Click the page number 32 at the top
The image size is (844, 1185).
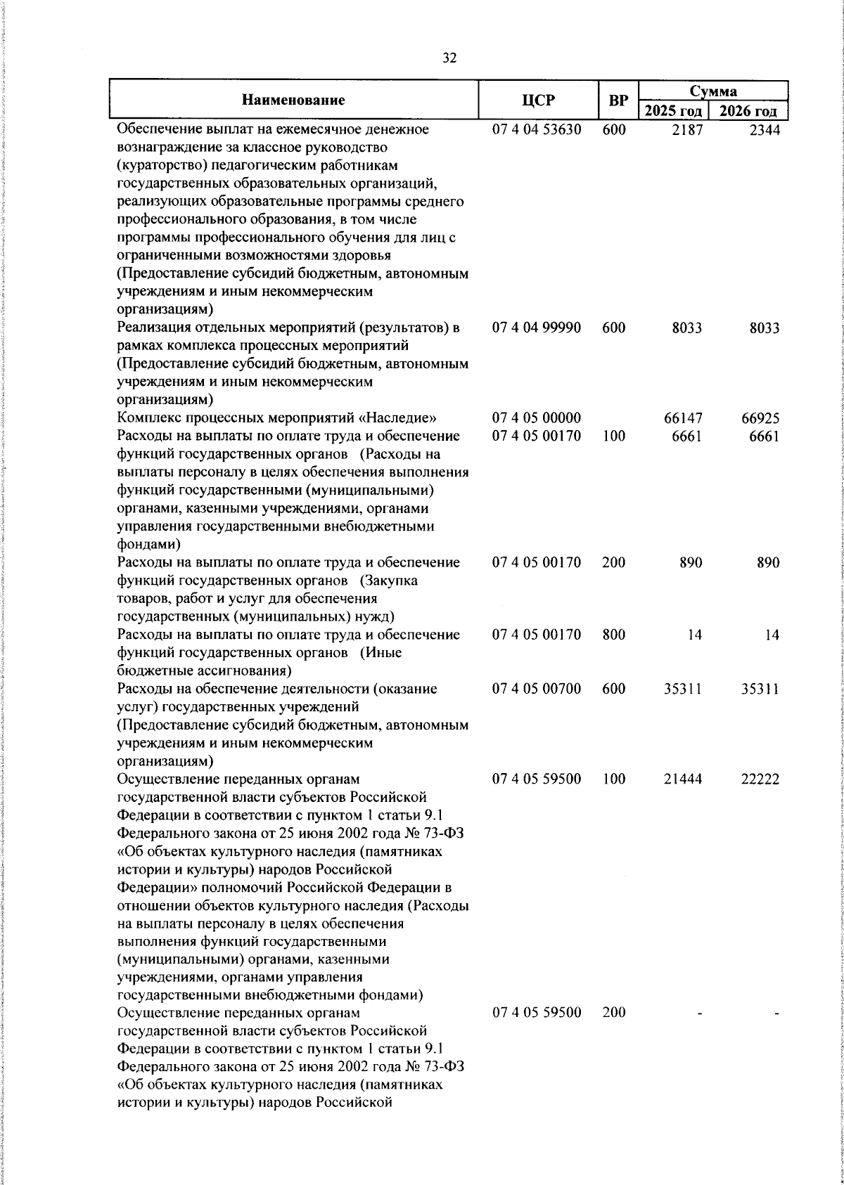pos(450,58)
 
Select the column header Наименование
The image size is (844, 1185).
pos(293,100)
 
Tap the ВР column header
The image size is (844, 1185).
pos(618,100)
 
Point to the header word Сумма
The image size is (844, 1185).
pos(712,91)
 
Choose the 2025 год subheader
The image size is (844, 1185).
pos(673,111)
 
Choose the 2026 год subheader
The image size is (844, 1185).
pos(748,111)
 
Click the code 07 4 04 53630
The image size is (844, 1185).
pos(537,130)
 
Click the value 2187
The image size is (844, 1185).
pos(686,130)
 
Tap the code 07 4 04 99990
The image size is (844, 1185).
pos(537,328)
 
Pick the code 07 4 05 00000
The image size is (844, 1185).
pos(537,418)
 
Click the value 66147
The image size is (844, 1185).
pos(683,418)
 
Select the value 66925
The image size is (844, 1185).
pos(760,418)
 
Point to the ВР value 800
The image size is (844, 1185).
pos(614,635)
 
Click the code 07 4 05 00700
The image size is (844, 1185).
pos(537,689)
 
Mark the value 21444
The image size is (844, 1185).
pos(683,779)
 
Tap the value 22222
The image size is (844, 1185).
pos(760,779)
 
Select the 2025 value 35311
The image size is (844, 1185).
pos(683,689)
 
